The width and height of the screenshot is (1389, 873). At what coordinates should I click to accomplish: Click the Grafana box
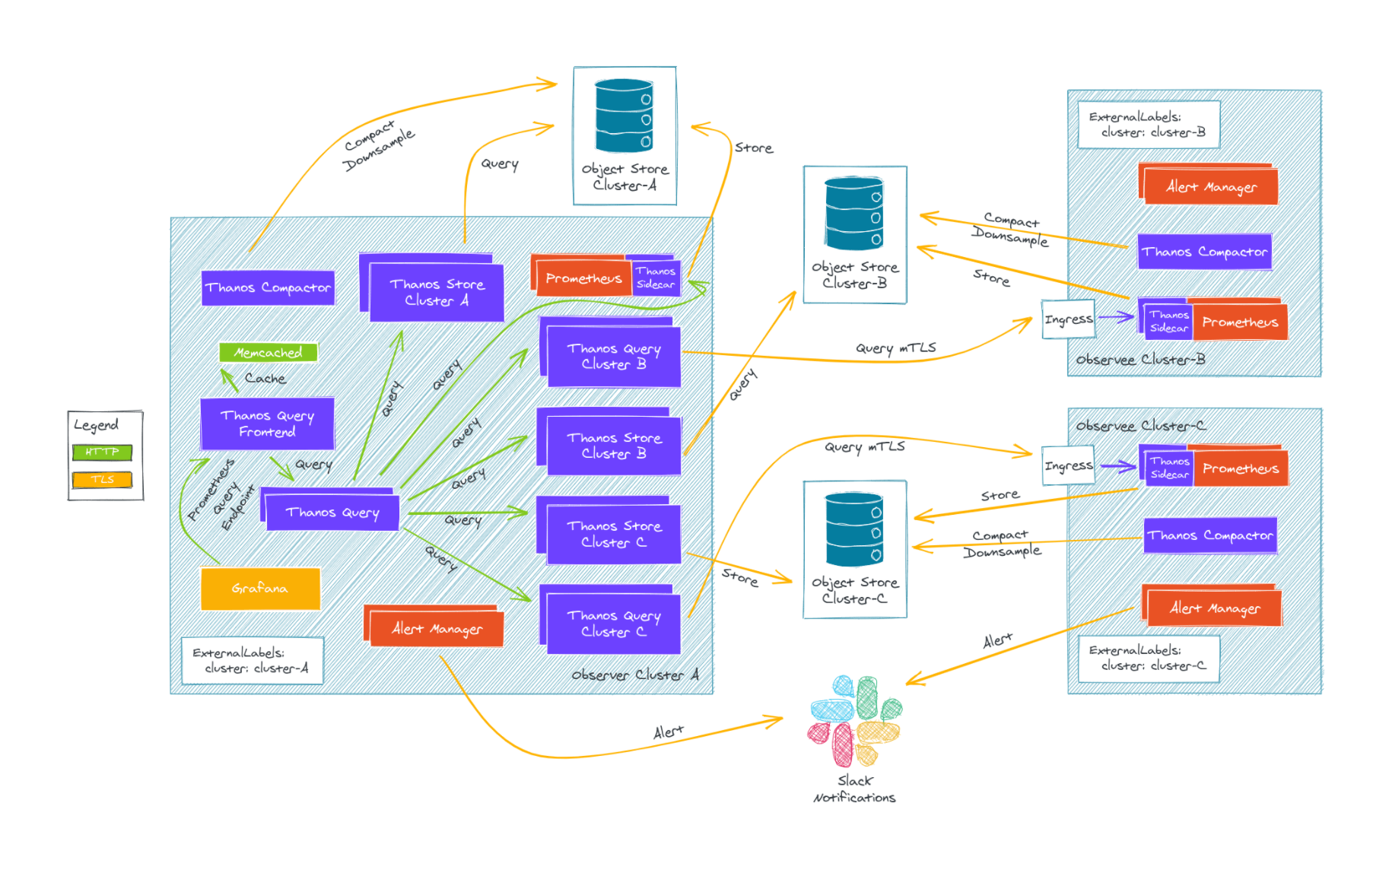(x=260, y=588)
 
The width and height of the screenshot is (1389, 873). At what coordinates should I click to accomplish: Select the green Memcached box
(x=268, y=352)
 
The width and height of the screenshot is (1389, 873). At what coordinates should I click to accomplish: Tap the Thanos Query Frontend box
(x=267, y=424)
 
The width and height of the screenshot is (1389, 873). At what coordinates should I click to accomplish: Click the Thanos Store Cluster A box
(x=436, y=292)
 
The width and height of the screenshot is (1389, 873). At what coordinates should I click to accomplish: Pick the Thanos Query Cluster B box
(x=613, y=356)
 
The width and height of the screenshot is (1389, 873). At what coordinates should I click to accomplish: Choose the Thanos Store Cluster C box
(x=613, y=534)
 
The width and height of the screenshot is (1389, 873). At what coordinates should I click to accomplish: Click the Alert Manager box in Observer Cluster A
(x=437, y=629)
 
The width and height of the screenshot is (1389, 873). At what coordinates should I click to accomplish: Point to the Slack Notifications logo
(x=854, y=720)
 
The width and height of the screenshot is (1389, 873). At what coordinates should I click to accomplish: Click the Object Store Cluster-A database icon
(x=624, y=116)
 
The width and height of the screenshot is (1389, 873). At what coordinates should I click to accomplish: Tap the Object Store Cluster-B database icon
(x=854, y=214)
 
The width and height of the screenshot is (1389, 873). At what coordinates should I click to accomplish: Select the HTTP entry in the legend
(x=102, y=452)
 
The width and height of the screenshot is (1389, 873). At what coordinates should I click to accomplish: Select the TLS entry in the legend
(x=102, y=479)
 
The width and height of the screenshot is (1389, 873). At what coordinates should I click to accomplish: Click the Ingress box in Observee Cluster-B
(x=1068, y=319)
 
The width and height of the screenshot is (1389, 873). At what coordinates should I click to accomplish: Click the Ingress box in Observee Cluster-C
(x=1068, y=465)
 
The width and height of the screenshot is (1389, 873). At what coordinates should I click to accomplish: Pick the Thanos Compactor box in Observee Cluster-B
(x=1204, y=252)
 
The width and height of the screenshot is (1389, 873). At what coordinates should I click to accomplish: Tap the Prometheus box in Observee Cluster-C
(x=1240, y=468)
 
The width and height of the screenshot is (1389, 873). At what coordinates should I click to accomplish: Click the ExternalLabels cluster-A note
(x=253, y=660)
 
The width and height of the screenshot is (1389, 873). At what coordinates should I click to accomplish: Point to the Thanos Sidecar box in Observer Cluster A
(x=655, y=278)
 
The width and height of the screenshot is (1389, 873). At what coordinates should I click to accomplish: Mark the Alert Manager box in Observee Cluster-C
(x=1214, y=608)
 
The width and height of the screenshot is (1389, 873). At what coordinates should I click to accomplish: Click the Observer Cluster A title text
(x=634, y=675)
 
